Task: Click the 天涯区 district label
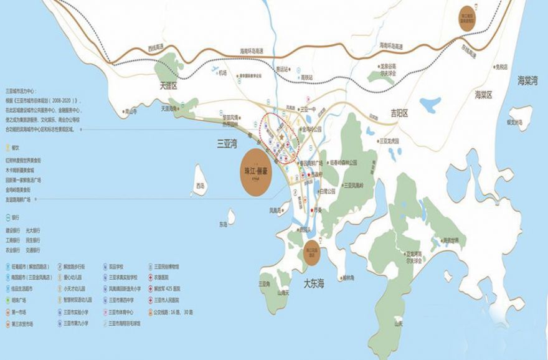[167, 87]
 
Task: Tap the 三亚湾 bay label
[227, 143]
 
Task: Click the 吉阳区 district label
[399, 113]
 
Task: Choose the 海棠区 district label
[483, 95]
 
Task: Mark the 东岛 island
[231, 216]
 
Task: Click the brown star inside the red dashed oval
[281, 135]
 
